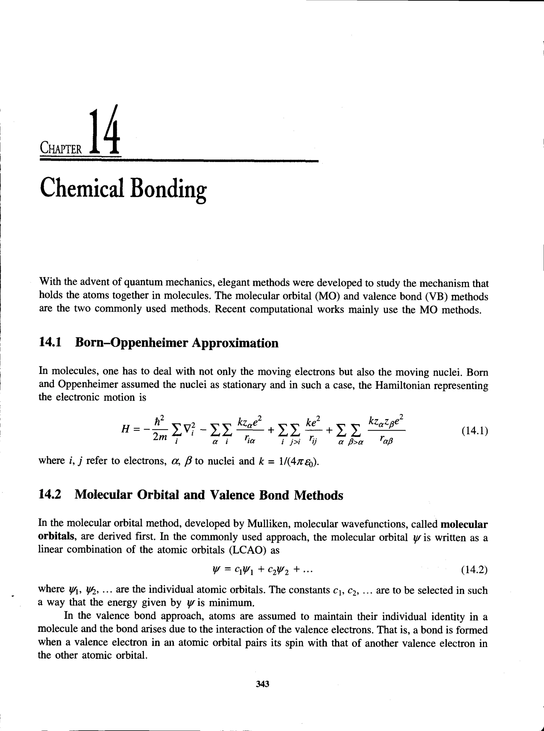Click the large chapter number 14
[104, 132]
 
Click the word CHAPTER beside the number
[61, 149]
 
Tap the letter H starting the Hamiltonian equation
[125, 429]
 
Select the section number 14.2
[50, 495]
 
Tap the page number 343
[262, 684]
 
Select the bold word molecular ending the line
[464, 524]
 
